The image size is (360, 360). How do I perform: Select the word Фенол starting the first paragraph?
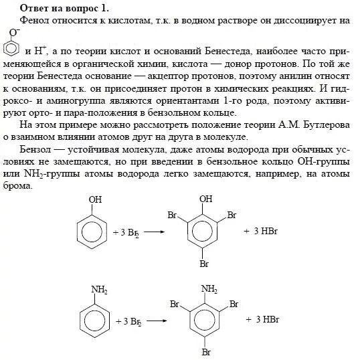37,21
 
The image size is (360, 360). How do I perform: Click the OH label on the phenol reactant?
95,199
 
